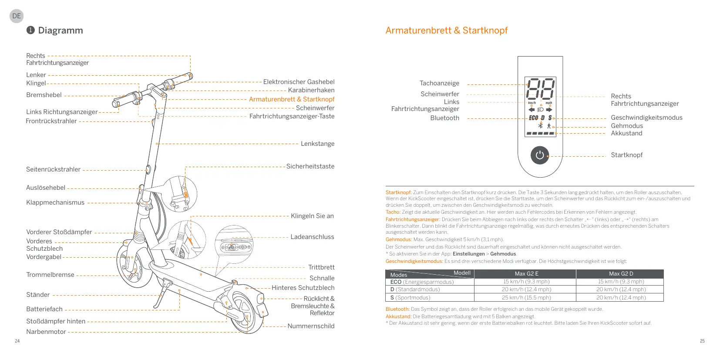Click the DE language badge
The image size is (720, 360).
tap(17, 16)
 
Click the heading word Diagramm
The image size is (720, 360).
tap(61, 30)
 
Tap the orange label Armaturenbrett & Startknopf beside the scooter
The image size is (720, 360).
tap(292, 99)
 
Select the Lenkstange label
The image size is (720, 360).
tap(317, 144)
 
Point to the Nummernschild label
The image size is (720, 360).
tap(311, 326)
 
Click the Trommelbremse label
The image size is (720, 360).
tap(50, 275)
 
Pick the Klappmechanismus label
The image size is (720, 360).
tap(55, 202)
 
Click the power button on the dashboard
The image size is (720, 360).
tap(540, 155)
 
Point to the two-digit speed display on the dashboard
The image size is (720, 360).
tap(540, 89)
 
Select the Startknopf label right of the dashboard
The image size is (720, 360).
tap(626, 155)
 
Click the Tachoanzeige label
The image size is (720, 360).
tap(439, 83)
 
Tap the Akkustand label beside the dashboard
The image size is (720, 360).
tap(626, 133)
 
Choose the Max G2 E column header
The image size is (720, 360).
tap(526, 274)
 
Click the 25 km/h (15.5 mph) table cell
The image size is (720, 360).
tap(526, 298)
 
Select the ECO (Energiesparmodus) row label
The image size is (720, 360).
tap(422, 282)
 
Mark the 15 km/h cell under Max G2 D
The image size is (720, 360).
tap(621, 282)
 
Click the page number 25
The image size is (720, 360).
tap(702, 341)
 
